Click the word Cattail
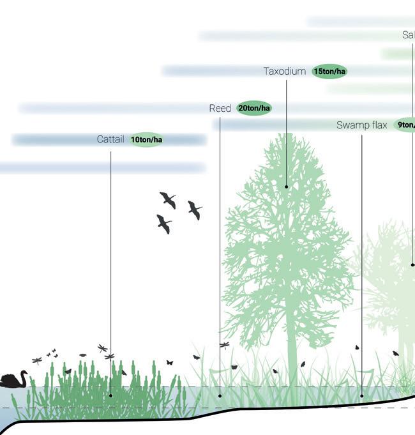(110, 139)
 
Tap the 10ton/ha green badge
(146, 140)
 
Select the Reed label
(220, 109)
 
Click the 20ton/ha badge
(253, 109)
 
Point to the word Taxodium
(285, 72)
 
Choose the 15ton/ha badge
(329, 72)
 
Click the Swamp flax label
(361, 125)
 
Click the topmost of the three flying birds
(168, 200)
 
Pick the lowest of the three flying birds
(164, 224)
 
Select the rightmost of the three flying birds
(195, 210)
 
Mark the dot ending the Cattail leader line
(110, 396)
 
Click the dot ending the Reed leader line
(220, 396)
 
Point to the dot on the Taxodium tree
(287, 187)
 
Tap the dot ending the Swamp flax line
(362, 396)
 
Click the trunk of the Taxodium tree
(292, 358)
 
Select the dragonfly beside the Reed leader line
(225, 345)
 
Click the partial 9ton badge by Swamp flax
(405, 125)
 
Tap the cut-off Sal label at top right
(408, 35)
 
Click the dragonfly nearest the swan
(37, 360)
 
